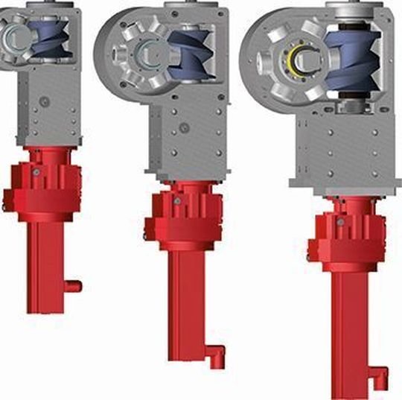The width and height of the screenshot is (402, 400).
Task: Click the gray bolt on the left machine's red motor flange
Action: click(x=34, y=171)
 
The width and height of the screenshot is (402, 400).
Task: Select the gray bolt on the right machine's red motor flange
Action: click(x=339, y=222)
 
